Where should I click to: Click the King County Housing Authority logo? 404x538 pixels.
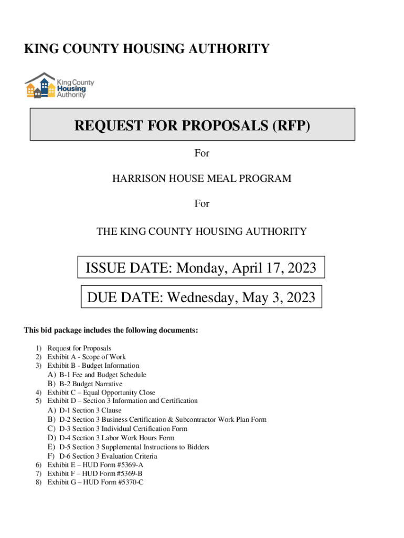click(59, 86)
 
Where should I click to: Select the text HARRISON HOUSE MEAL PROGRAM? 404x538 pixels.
click(201, 179)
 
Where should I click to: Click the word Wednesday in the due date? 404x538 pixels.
click(200, 298)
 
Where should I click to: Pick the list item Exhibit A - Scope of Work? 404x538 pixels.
click(87, 357)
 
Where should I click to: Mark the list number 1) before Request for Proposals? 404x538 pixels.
click(38, 348)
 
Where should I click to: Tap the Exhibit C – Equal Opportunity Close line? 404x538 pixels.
click(101, 392)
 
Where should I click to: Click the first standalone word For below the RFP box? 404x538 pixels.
click(202, 153)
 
